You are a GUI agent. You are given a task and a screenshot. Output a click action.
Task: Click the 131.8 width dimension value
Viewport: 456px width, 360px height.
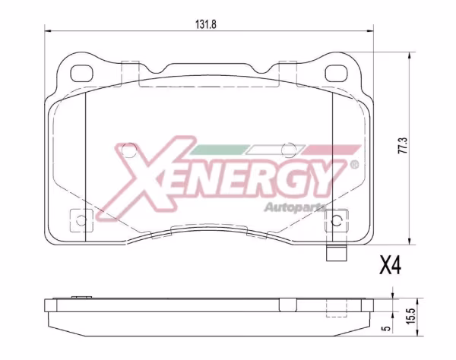[207, 24]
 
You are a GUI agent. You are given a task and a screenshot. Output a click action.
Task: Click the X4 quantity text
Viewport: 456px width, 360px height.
[390, 265]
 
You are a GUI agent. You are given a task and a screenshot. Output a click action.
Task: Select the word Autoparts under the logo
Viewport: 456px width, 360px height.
[296, 206]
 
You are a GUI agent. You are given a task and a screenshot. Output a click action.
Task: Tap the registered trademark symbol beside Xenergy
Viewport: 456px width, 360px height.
[354, 164]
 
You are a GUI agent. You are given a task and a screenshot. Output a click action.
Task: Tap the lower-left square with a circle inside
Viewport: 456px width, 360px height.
[79, 219]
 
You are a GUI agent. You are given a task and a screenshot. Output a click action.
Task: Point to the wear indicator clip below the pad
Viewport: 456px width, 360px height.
[335, 255]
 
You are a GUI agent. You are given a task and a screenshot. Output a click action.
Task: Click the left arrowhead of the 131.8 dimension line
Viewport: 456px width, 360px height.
[48, 31]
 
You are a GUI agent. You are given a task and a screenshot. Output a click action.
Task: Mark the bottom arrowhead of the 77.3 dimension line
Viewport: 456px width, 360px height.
[410, 242]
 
